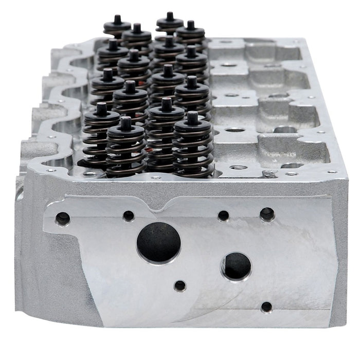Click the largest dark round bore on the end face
click(159, 242)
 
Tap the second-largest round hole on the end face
click(236, 266)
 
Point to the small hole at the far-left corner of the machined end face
click(63, 219)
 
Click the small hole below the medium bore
click(266, 307)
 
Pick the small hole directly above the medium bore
click(223, 215)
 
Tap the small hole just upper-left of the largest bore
click(129, 215)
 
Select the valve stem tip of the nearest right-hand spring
click(192, 118)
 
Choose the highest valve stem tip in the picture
click(170, 15)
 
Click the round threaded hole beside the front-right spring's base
click(237, 168)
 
